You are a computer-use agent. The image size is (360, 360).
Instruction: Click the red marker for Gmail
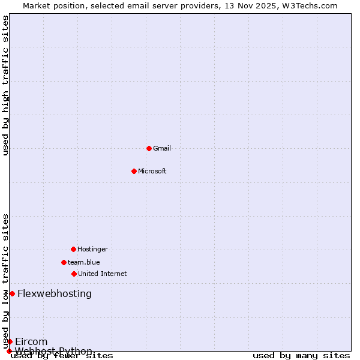point(149,148)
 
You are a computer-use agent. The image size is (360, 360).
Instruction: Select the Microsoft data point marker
point(134,171)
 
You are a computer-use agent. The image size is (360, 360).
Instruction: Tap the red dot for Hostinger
point(73,249)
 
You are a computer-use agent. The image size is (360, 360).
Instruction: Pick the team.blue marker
point(64,262)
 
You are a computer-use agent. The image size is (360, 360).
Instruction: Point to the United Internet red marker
point(74,274)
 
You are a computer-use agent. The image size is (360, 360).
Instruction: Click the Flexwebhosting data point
point(12,293)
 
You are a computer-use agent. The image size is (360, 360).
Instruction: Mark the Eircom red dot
point(10,341)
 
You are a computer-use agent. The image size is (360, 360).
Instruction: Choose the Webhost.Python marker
point(9,351)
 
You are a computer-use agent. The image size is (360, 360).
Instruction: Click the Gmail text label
point(162,148)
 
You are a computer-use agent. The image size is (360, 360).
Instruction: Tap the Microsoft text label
point(152,171)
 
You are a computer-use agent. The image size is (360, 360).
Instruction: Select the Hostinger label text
point(92,249)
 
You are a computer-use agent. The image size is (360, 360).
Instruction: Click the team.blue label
point(84,262)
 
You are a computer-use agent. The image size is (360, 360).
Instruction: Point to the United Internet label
point(103,274)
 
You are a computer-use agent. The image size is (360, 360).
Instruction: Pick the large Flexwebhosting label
point(55,293)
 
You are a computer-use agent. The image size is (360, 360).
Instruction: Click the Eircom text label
point(31,341)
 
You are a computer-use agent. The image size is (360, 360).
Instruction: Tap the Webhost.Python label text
point(54,351)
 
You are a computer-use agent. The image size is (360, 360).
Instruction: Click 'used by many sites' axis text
point(301,356)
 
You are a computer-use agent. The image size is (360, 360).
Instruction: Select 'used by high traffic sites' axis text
point(6,85)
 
